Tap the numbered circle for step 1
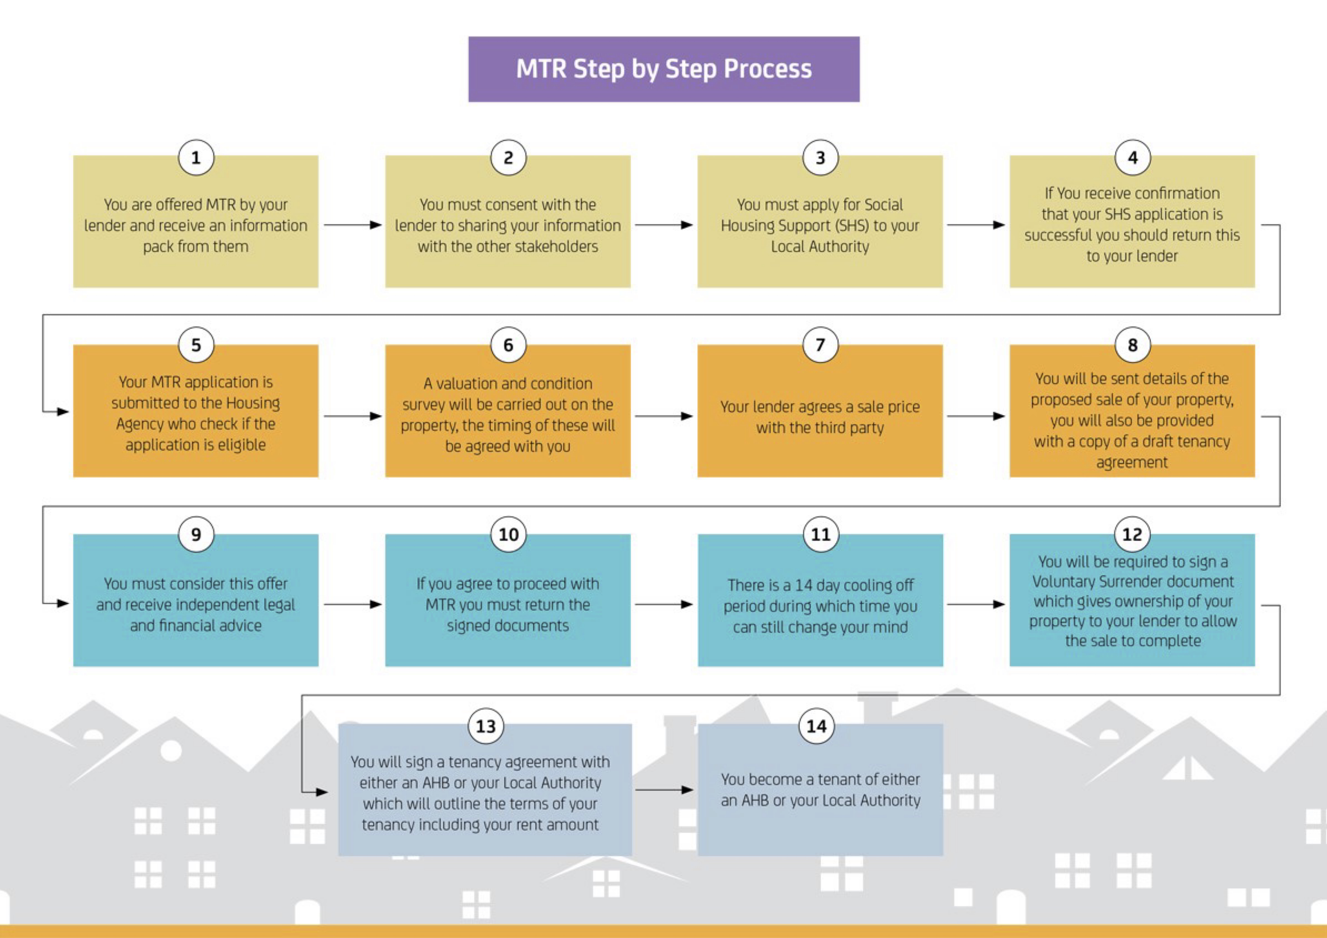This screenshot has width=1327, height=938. pyautogui.click(x=196, y=158)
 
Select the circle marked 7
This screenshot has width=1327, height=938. pyautogui.click(x=820, y=345)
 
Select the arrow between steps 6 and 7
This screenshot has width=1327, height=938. pyautogui.click(x=663, y=416)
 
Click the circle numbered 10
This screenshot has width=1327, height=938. pyautogui.click(x=508, y=535)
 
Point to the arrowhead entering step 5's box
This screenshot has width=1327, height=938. pyautogui.click(x=64, y=412)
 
